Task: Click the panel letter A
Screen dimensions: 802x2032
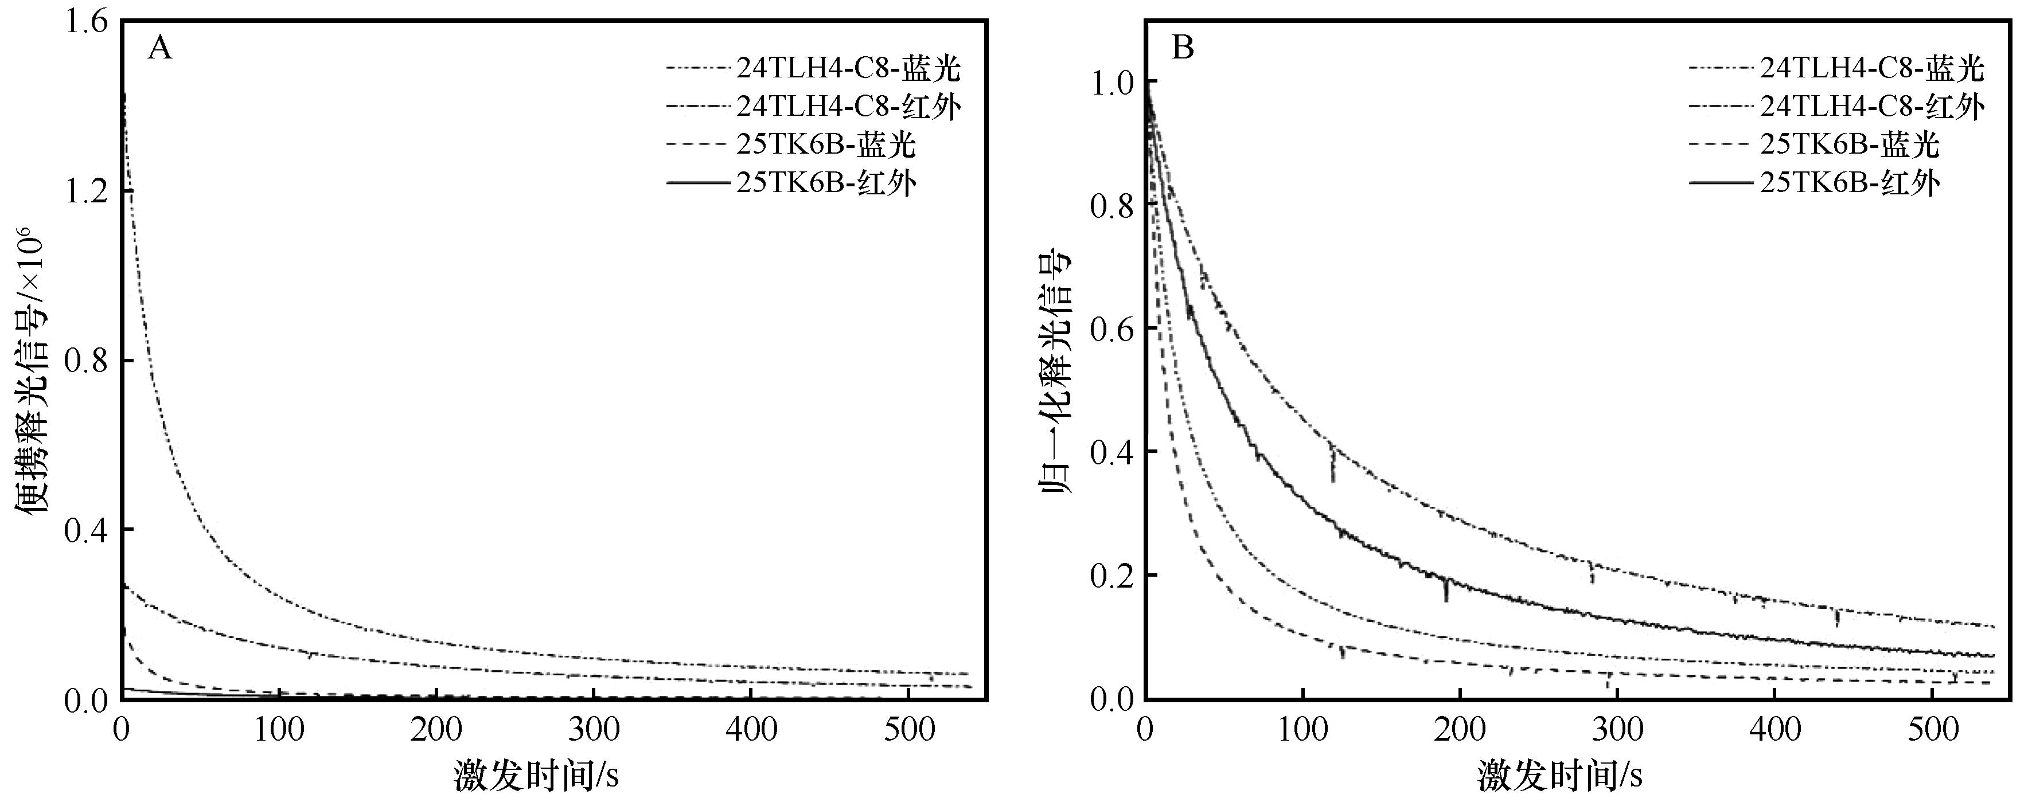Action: click(159, 49)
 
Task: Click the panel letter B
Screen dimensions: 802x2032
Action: click(1183, 49)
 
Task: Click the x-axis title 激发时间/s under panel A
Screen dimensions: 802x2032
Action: click(536, 775)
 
